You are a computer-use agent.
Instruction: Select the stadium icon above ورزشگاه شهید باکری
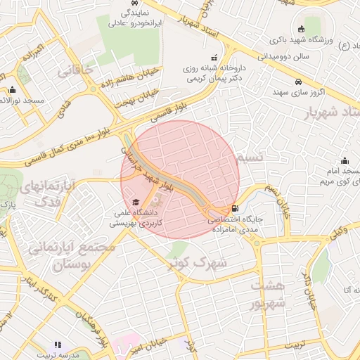pos(301,30)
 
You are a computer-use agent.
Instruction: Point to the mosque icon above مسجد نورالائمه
pos(12,89)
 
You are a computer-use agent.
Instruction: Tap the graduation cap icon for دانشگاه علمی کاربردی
pos(136,202)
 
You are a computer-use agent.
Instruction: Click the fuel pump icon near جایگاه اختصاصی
pos(234,209)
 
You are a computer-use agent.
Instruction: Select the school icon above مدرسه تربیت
pos(58,345)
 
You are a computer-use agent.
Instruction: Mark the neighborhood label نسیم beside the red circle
pos(250,157)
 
